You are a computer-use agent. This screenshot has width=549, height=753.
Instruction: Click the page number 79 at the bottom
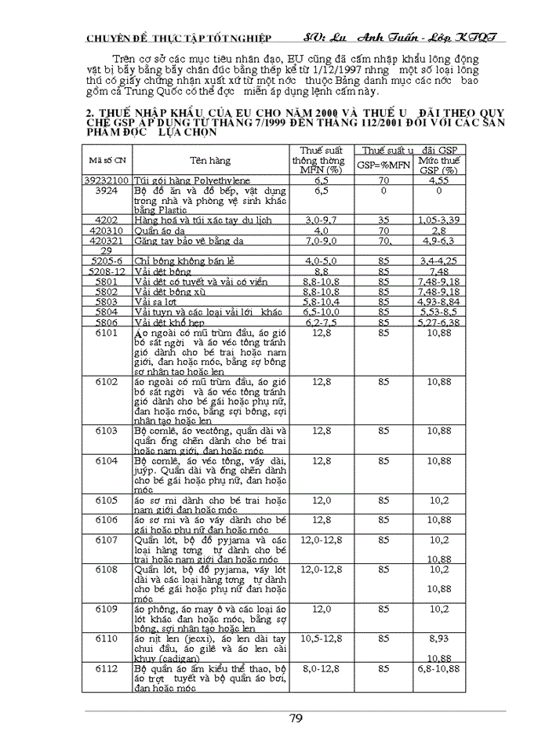pyautogui.click(x=296, y=718)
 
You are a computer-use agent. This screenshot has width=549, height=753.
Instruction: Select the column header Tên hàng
pyautogui.click(x=209, y=160)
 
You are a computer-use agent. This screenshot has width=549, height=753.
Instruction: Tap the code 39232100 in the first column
pyautogui.click(x=107, y=180)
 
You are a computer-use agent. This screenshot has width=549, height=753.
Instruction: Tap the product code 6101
pyautogui.click(x=107, y=333)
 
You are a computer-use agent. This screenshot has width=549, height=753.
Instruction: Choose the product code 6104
pyautogui.click(x=107, y=460)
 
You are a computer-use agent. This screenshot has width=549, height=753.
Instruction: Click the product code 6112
pyautogui.click(x=107, y=668)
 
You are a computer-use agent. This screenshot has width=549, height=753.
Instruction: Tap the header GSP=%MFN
pyautogui.click(x=384, y=166)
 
